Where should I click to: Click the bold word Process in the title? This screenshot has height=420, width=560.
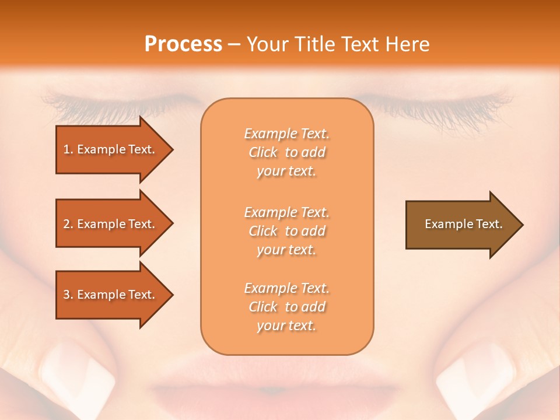(183, 44)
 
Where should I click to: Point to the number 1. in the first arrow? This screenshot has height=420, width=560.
(68, 149)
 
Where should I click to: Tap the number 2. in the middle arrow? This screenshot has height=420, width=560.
(68, 224)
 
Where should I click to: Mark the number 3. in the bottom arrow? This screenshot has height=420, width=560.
(68, 295)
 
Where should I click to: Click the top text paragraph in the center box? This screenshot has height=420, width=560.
(286, 152)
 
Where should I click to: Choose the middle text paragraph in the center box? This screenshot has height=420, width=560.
(286, 231)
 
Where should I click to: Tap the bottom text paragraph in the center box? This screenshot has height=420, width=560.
(286, 307)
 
